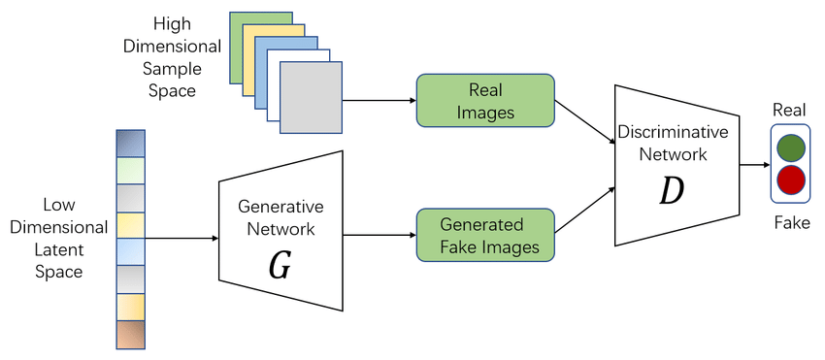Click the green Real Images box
485,100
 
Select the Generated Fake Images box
485,235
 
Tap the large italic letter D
671,191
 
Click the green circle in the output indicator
791,147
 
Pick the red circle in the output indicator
791,180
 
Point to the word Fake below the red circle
791,223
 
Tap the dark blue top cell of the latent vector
128,143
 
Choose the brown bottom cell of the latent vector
128,334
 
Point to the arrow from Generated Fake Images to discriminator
583,213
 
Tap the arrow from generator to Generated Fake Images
379,236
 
